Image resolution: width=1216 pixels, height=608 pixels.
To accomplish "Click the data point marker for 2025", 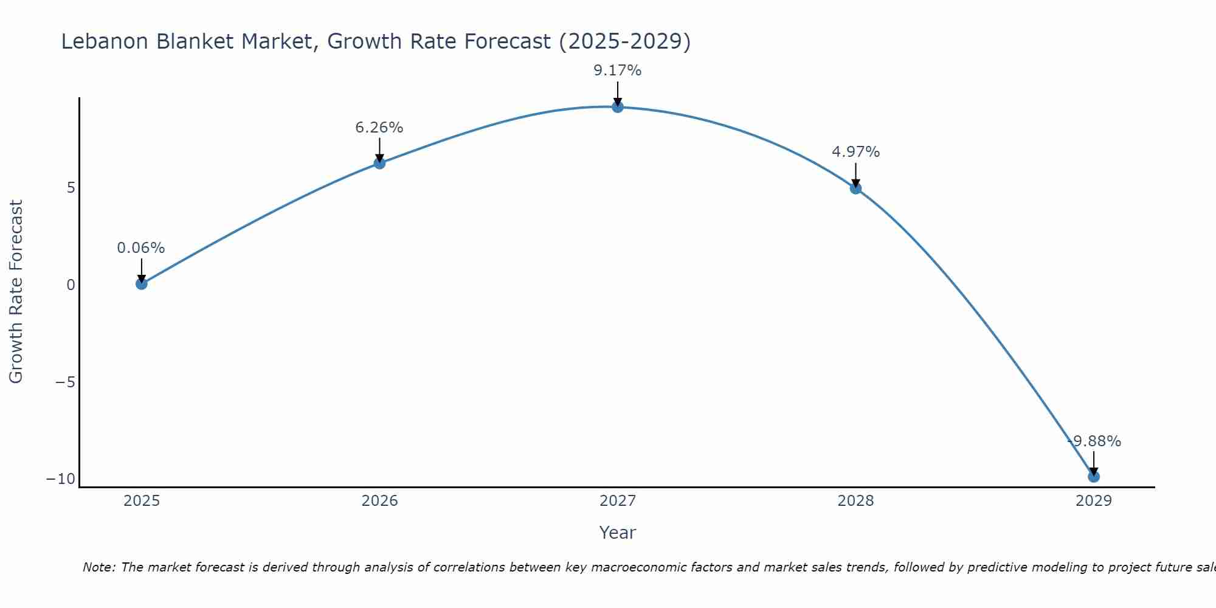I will click(142, 283).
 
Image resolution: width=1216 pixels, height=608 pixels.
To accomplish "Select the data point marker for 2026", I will click(379, 163).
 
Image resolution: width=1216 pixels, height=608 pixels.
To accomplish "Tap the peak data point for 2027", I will click(618, 107).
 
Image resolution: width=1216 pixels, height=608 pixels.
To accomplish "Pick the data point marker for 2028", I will click(855, 188).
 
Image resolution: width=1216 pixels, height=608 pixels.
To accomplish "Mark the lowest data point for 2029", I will click(1094, 477).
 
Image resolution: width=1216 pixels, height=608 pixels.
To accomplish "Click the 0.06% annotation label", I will click(141, 248).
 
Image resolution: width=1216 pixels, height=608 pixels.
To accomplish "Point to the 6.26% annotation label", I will click(379, 128).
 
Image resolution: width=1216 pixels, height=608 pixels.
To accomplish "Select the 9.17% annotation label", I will click(618, 71).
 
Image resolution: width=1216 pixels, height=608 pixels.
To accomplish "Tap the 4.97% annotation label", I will click(855, 152).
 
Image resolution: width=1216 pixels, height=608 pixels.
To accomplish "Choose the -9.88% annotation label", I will click(1094, 441).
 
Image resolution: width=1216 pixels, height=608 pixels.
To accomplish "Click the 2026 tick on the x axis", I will click(379, 501).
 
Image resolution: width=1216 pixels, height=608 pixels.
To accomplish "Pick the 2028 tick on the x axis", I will click(855, 501).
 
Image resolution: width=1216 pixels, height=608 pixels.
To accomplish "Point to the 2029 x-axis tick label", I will click(1094, 501).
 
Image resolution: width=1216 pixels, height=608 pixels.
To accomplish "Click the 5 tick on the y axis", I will click(71, 188).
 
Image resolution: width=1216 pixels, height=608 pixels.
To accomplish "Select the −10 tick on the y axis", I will click(61, 479).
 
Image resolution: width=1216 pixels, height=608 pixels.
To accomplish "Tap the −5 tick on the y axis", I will click(65, 382).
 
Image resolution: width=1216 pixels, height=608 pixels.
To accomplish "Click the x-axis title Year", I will click(618, 533).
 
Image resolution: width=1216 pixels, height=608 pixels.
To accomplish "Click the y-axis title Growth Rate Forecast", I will click(16, 292).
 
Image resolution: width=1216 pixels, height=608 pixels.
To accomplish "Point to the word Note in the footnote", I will click(98, 567).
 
